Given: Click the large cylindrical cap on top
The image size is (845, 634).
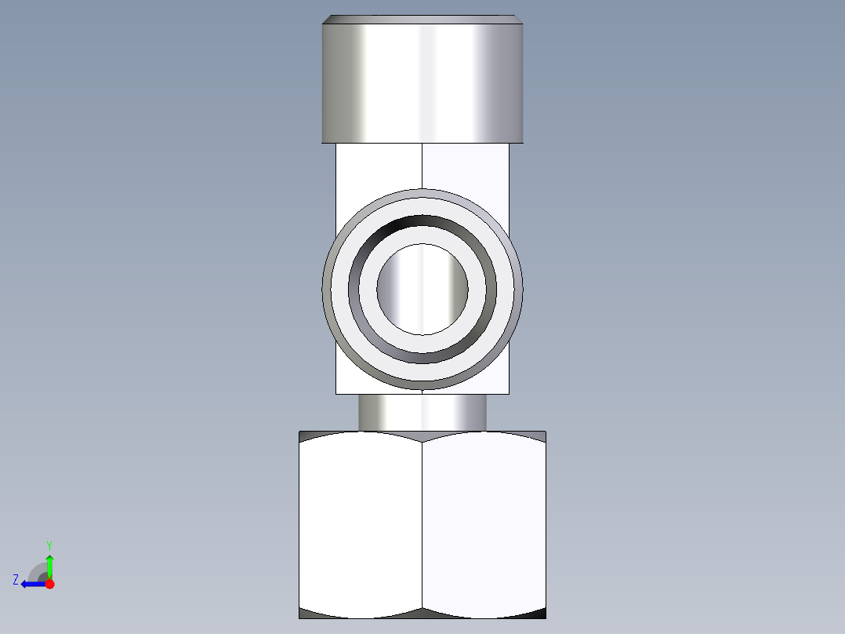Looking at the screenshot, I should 422,82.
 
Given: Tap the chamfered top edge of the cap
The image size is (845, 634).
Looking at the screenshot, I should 422,19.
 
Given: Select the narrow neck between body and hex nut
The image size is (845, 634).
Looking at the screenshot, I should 422,412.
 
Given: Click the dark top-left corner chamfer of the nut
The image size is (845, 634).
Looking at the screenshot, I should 310,435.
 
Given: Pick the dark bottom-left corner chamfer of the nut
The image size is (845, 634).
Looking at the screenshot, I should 310,613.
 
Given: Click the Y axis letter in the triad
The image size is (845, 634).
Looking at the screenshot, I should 49,545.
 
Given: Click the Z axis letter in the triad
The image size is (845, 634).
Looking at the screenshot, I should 16,580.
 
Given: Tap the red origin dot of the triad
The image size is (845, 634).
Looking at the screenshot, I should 49,584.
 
